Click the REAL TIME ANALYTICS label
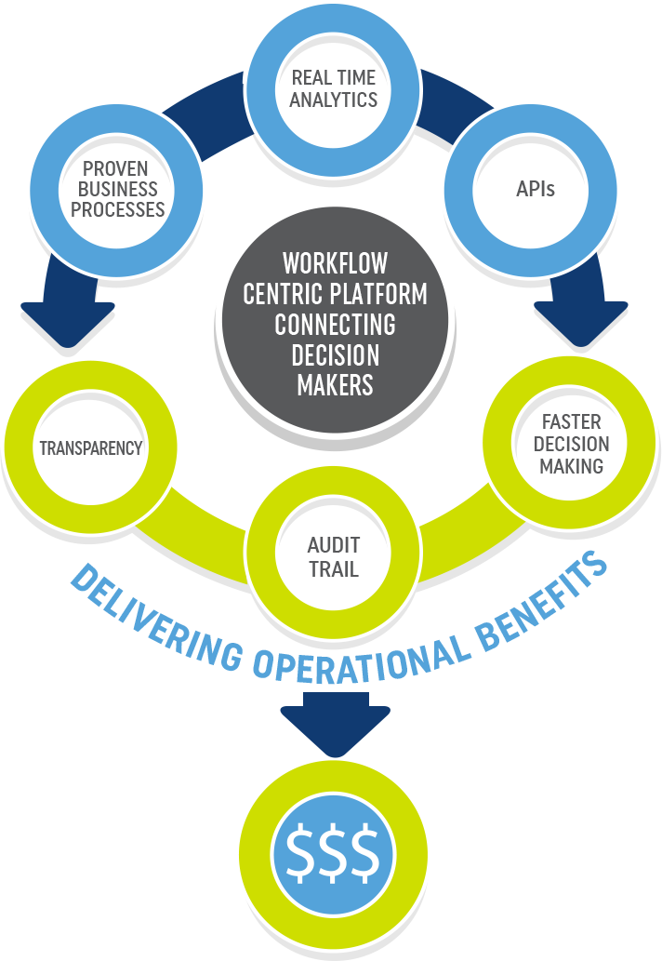click(x=334, y=89)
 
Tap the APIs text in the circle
click(x=535, y=189)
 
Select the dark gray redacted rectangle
click(x=118, y=189)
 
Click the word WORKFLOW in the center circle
click(x=335, y=262)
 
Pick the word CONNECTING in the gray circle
click(x=335, y=325)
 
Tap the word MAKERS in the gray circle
click(x=335, y=385)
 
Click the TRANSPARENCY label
click(x=90, y=448)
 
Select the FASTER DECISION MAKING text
click(x=571, y=443)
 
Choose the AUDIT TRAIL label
click(x=333, y=556)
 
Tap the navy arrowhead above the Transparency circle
click(x=61, y=322)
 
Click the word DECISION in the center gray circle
click(x=335, y=355)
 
